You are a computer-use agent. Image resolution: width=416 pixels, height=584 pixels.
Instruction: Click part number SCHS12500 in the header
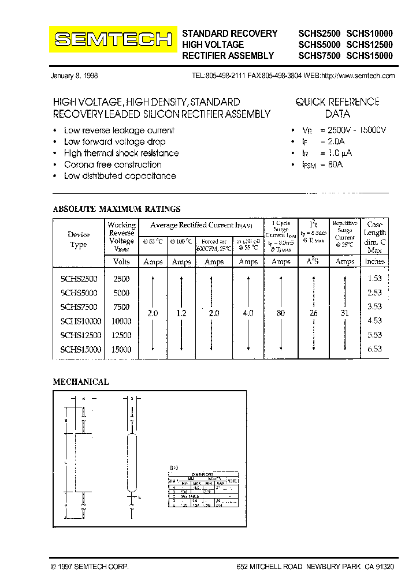pyautogui.click(x=369, y=44)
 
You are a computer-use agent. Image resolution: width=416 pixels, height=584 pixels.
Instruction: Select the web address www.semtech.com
pyautogui.click(x=358, y=76)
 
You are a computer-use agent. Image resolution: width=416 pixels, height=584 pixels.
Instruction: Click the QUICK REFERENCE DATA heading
pyautogui.click(x=337, y=108)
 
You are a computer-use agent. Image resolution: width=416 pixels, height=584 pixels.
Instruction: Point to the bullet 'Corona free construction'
pyautogui.click(x=113, y=164)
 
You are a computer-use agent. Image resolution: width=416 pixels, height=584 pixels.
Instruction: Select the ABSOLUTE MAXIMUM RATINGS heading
pyautogui.click(x=117, y=209)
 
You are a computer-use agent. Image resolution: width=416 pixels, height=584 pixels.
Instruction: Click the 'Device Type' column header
pyautogui.click(x=79, y=239)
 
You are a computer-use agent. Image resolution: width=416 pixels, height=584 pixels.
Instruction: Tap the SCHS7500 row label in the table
pyautogui.click(x=79, y=307)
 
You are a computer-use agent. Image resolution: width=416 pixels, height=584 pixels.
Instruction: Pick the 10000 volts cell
pyautogui.click(x=121, y=321)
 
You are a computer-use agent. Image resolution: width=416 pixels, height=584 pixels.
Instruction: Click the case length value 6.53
pyautogui.click(x=375, y=349)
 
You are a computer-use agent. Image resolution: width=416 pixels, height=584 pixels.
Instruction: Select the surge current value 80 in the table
pyautogui.click(x=281, y=313)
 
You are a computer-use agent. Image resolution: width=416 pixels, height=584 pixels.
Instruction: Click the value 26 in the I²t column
pyautogui.click(x=314, y=313)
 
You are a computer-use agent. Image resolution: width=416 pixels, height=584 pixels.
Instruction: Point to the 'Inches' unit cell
pyautogui.click(x=374, y=261)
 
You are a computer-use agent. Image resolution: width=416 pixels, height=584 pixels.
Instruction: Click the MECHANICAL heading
pyautogui.click(x=80, y=382)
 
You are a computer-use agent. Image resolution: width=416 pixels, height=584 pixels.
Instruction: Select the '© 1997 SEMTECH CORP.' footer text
pyautogui.click(x=90, y=567)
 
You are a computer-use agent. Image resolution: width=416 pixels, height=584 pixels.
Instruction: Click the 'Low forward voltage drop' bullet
pyautogui.click(x=114, y=142)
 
